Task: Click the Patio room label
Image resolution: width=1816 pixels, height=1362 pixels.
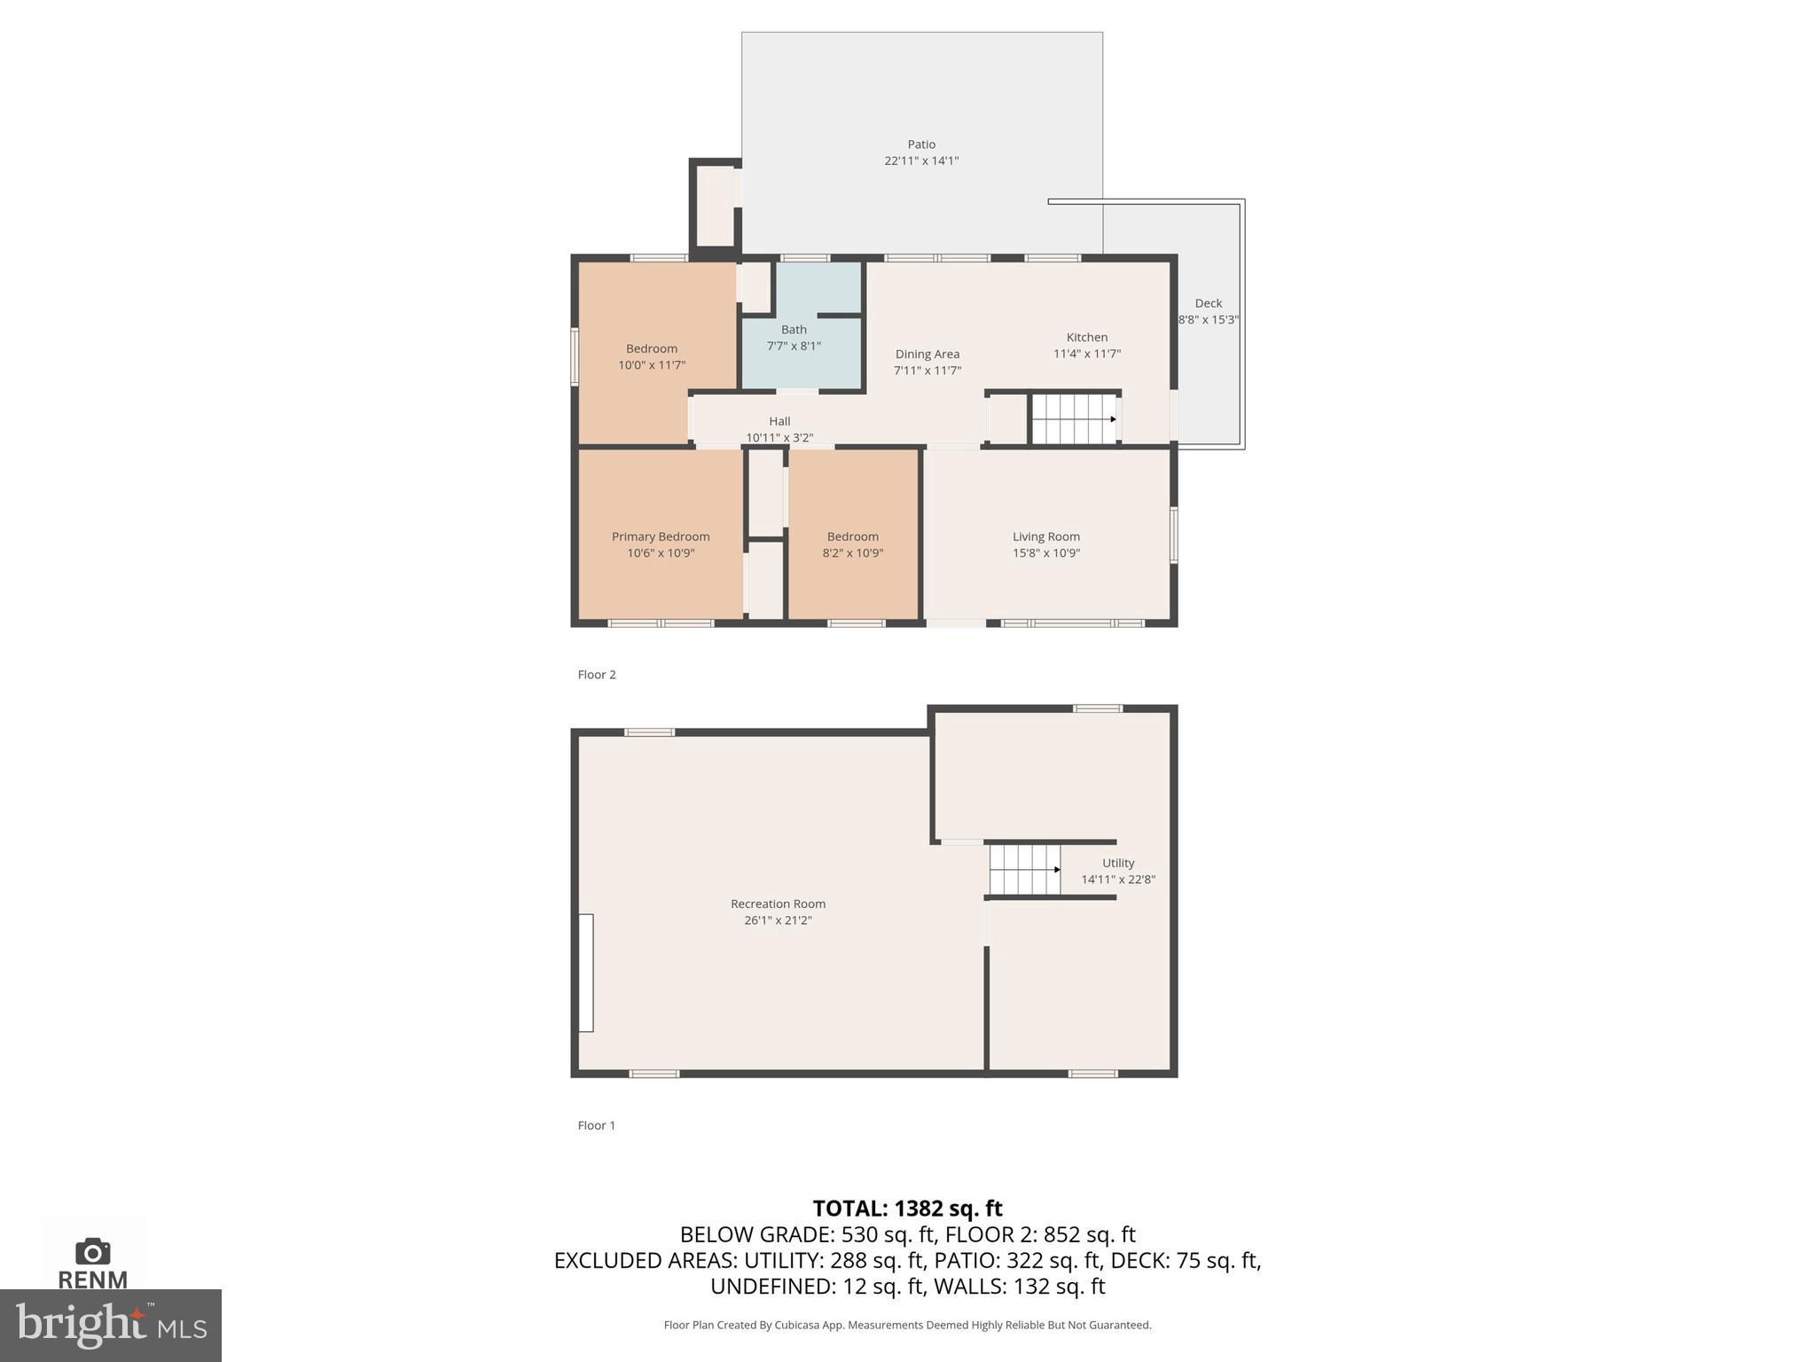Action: click(920, 145)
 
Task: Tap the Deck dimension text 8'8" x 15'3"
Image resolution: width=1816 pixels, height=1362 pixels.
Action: click(1208, 320)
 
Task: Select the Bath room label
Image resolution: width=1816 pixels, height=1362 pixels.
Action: click(794, 330)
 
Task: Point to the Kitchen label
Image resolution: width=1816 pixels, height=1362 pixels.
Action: click(1086, 337)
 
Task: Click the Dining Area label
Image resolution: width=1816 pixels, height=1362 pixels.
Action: click(927, 354)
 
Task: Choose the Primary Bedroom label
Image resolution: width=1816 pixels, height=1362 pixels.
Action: click(661, 536)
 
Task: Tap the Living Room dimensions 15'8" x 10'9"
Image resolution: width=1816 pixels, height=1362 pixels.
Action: click(1046, 553)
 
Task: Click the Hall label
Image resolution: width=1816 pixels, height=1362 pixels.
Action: click(779, 421)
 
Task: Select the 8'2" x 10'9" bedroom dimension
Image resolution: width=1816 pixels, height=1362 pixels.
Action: click(852, 553)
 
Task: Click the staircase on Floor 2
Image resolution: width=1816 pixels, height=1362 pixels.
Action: click(1073, 419)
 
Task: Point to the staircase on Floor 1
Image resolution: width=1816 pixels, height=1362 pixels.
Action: click(1025, 869)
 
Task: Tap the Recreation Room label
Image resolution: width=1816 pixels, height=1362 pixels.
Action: click(778, 904)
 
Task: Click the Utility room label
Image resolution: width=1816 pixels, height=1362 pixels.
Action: click(1118, 863)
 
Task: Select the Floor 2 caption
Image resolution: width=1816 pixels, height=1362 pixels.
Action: click(597, 675)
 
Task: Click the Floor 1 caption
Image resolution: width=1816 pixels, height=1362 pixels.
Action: click(597, 1125)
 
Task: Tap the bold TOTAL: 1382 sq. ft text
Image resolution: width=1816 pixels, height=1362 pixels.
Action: click(907, 1209)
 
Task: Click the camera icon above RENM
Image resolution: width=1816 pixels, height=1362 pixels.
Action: click(93, 1252)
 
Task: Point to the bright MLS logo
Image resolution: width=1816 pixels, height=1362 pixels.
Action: click(110, 1326)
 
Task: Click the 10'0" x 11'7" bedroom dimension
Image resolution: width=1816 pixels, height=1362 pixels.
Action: click(652, 365)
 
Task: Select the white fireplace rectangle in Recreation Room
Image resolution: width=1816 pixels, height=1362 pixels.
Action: click(586, 973)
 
